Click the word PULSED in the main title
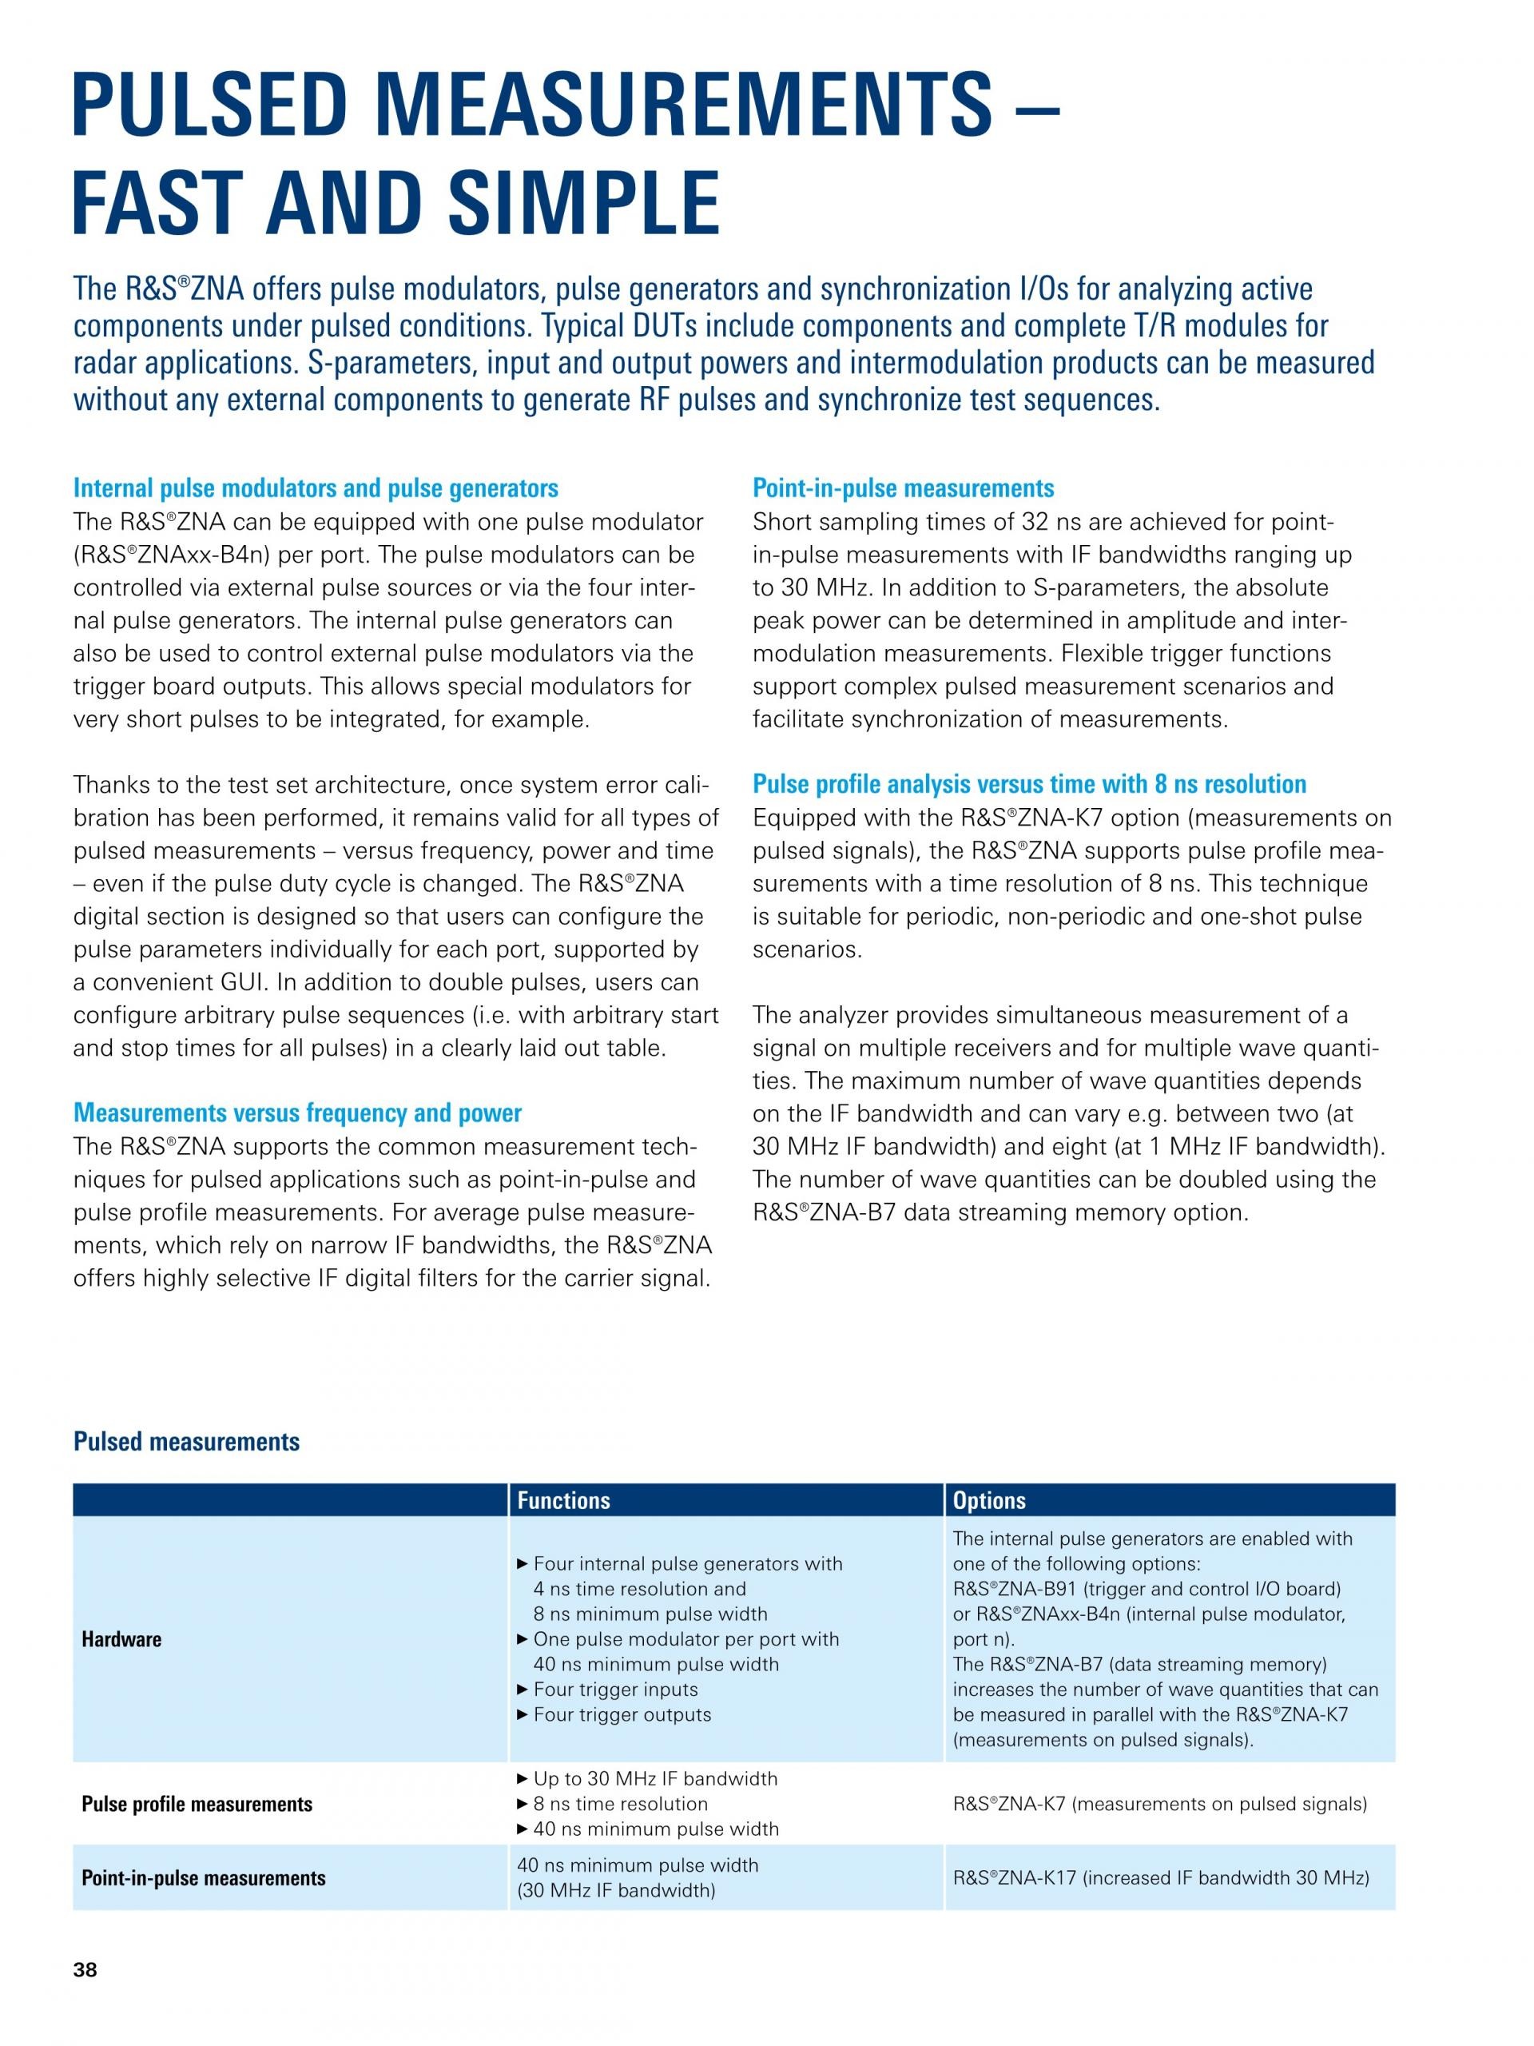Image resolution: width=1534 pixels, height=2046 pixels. tap(205, 106)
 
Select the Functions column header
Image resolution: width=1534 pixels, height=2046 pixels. tap(563, 1499)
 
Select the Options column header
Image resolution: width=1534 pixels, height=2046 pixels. tap(988, 1499)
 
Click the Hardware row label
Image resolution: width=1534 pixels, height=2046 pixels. tap(121, 1639)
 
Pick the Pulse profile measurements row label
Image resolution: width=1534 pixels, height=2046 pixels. tap(197, 1804)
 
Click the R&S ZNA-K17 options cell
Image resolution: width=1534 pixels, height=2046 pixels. tap(1159, 1877)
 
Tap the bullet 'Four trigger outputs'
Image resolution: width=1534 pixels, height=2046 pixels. tap(622, 1714)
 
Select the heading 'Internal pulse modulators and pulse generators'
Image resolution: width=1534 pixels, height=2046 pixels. tap(316, 488)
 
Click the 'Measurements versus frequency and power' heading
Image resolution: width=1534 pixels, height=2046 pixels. tap(297, 1113)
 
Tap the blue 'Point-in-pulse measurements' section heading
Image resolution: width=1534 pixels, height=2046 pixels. tap(903, 488)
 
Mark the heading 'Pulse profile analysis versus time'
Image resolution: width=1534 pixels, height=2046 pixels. tap(1028, 784)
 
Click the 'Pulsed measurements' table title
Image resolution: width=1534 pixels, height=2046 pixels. tap(186, 1441)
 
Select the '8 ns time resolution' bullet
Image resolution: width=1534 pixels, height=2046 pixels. tap(619, 1804)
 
